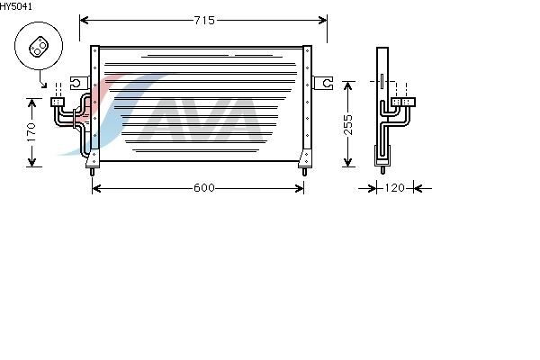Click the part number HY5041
tap(16, 6)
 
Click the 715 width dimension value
tap(204, 21)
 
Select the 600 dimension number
tap(204, 188)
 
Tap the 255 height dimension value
tap(348, 124)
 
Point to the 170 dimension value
tap(31, 132)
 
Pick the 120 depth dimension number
tap(394, 188)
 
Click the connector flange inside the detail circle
tap(39, 48)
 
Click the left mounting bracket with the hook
tap(79, 83)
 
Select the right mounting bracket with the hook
tap(323, 83)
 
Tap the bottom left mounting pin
tap(92, 172)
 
